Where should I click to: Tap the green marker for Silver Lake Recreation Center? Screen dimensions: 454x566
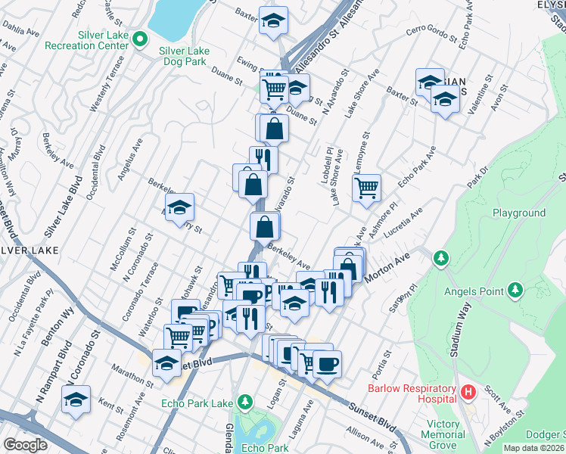[138, 38]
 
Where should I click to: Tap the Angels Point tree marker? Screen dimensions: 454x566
[515, 289]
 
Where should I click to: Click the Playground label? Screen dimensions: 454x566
[519, 213]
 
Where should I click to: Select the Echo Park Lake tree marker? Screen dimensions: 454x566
[244, 400]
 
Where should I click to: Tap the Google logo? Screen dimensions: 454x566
[25, 445]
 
